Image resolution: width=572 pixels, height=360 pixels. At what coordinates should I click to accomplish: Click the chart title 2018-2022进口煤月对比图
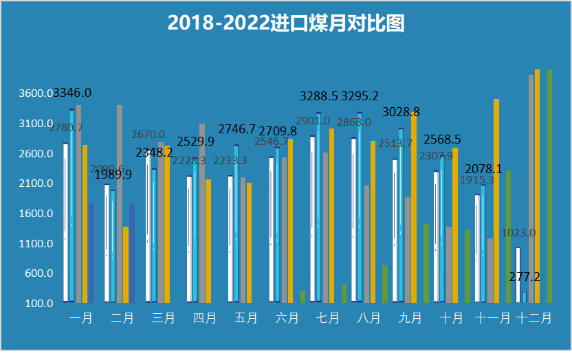(x=286, y=23)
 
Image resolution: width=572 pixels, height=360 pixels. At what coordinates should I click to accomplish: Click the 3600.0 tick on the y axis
(x=35, y=93)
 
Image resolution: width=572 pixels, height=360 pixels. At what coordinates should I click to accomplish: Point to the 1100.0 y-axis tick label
(x=35, y=244)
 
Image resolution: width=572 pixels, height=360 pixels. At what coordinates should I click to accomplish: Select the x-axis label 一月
(x=81, y=318)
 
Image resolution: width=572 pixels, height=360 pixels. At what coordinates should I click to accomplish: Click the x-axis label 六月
(x=287, y=318)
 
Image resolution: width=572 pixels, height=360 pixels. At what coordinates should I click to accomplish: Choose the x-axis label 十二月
(x=533, y=318)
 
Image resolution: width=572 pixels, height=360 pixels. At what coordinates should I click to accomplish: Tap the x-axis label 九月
(x=410, y=318)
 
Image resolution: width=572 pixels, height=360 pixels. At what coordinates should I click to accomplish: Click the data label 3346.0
(x=72, y=93)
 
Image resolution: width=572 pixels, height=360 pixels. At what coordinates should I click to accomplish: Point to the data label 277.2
(x=525, y=277)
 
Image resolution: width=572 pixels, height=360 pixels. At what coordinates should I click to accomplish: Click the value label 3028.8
(x=401, y=112)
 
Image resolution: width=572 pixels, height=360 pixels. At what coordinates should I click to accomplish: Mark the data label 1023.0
(x=518, y=233)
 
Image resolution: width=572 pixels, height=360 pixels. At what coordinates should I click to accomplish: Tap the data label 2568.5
(x=442, y=139)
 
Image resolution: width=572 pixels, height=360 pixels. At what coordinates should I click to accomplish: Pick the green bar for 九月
(x=426, y=263)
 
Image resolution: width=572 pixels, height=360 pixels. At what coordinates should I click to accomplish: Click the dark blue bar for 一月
(x=91, y=253)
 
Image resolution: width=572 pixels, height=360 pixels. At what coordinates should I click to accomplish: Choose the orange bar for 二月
(x=126, y=265)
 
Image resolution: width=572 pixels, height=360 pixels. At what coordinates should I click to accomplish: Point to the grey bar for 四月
(x=202, y=213)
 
